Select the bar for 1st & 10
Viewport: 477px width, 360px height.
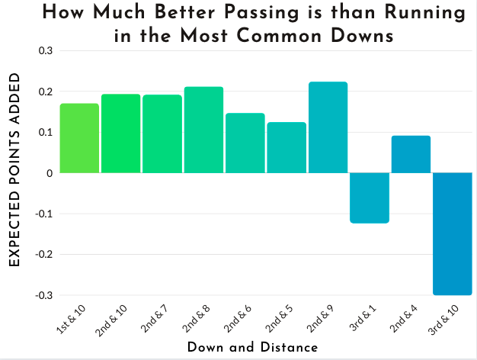[79, 138]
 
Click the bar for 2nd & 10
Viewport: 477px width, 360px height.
[120, 133]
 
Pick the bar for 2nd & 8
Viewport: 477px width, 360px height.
[203, 130]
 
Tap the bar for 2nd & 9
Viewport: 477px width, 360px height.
[328, 127]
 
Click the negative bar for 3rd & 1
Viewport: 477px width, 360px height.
[370, 198]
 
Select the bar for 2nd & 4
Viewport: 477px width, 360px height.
[411, 154]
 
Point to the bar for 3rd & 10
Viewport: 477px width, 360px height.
[453, 233]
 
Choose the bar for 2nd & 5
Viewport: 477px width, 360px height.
[287, 147]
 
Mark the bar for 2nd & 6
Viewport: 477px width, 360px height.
[245, 143]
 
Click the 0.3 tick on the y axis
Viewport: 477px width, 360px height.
[45, 51]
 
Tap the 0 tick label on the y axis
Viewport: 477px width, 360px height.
[48, 173]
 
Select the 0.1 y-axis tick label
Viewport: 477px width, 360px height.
[45, 133]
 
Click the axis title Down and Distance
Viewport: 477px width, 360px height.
[252, 347]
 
